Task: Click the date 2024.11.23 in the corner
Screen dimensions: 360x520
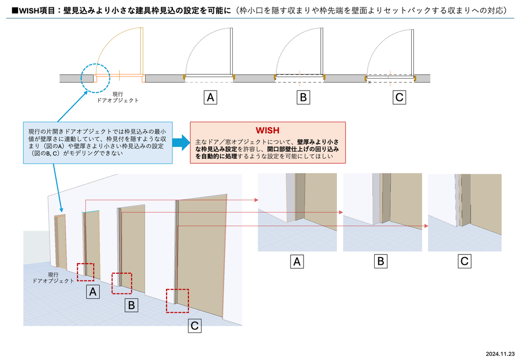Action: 500,353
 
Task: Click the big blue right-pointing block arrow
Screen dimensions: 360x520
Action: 179,143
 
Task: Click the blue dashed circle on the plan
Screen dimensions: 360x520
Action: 95,78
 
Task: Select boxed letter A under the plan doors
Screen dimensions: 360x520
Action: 210,97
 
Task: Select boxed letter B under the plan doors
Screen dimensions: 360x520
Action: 302,97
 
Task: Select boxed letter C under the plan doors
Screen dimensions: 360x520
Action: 399,97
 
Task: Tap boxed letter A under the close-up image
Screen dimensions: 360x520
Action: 297,261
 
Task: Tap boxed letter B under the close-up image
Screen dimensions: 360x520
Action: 381,261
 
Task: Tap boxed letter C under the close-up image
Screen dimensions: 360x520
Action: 465,261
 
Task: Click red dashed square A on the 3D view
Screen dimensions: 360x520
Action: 85,272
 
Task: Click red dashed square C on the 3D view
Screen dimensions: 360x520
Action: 177,300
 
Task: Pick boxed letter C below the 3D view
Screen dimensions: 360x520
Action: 194,326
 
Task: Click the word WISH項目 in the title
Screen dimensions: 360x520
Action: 34,9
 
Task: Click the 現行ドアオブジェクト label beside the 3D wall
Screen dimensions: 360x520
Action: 53,277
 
